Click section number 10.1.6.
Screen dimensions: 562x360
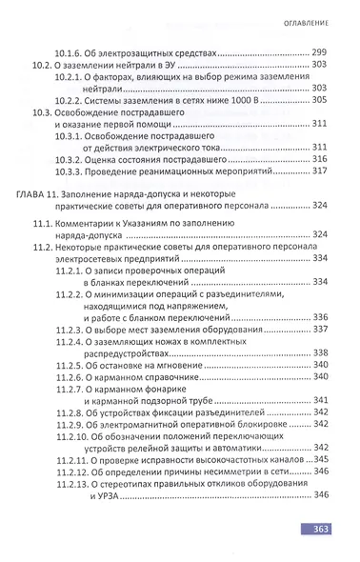coord(71,51)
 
